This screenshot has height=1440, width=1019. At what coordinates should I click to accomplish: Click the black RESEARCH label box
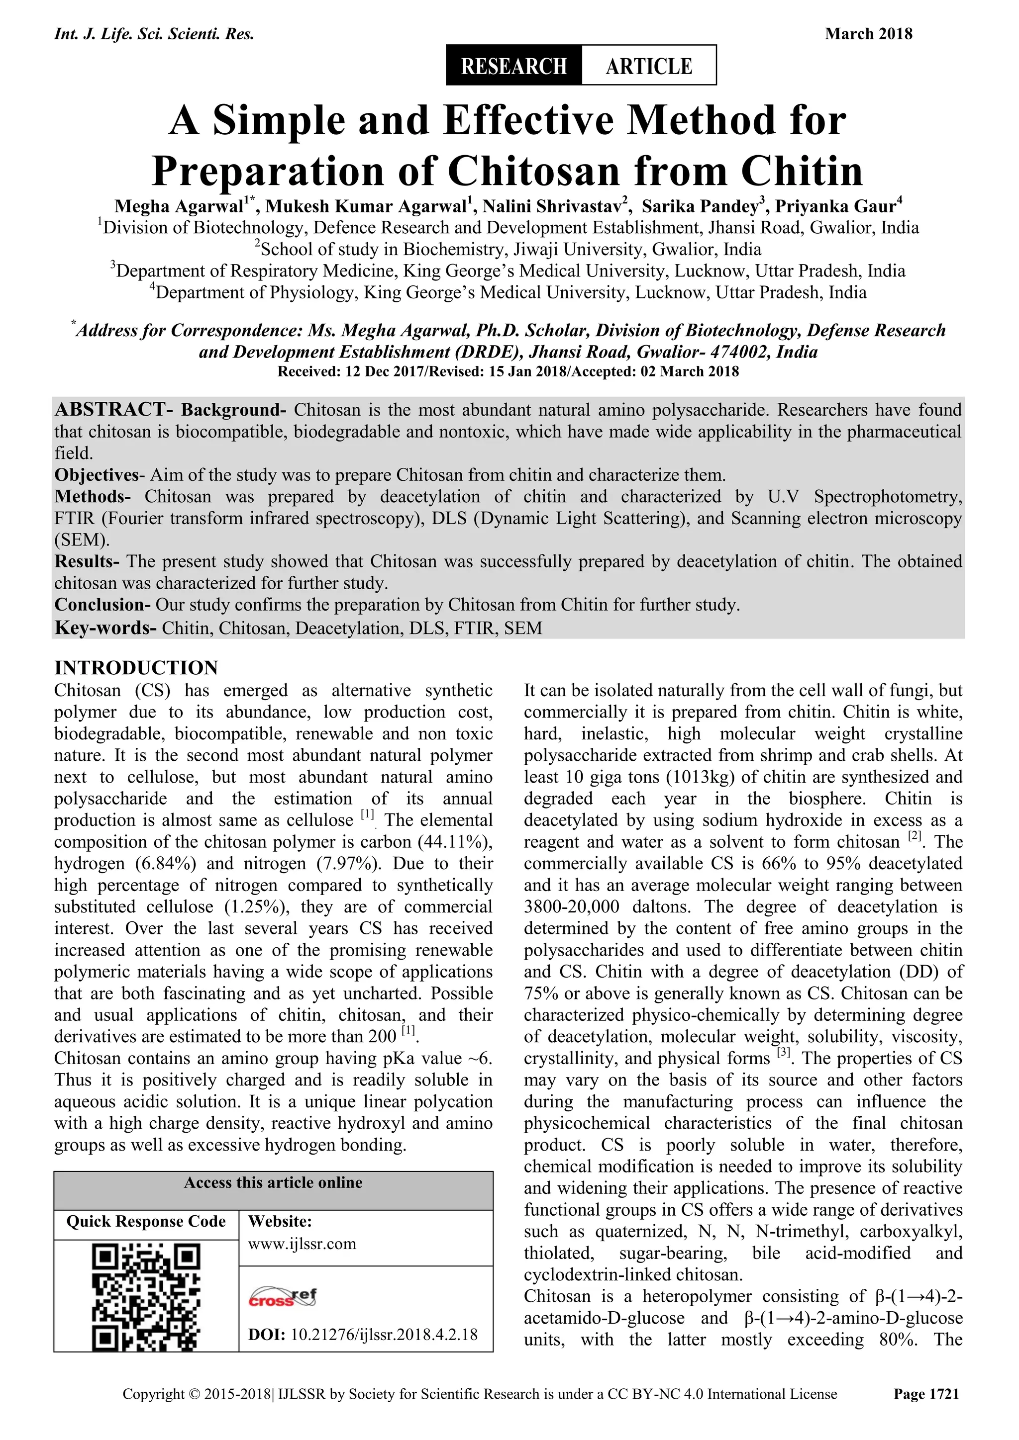(x=513, y=65)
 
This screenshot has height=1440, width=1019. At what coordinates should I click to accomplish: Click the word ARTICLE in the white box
(x=648, y=65)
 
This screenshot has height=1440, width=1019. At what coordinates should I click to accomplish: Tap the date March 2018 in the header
(x=868, y=34)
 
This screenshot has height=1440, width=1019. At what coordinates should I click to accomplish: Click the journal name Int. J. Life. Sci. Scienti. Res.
(x=154, y=34)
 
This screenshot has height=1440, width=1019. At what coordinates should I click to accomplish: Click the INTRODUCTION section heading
(x=136, y=667)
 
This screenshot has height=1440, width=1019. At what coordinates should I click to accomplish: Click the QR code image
(x=146, y=1296)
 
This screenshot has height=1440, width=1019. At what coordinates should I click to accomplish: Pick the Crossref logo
(x=283, y=1296)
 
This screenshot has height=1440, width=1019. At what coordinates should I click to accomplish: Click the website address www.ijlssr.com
(x=302, y=1244)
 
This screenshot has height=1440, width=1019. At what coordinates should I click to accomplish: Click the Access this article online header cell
(x=273, y=1183)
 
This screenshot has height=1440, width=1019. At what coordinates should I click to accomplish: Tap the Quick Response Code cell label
(x=146, y=1222)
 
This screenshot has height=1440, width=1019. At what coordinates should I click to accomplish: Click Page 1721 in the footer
(x=926, y=1412)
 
